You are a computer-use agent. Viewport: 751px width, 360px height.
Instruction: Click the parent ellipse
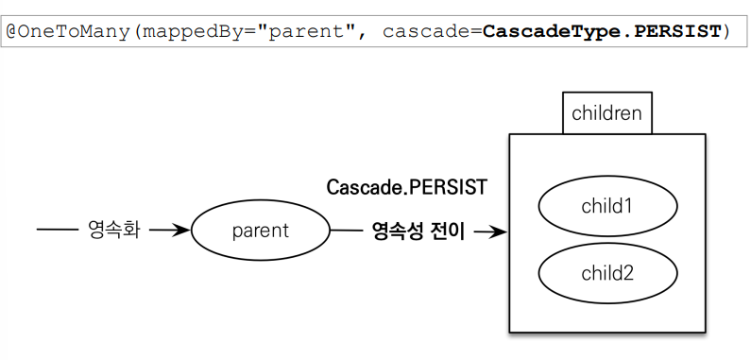tap(260, 231)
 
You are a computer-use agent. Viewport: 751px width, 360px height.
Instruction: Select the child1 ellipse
tap(607, 205)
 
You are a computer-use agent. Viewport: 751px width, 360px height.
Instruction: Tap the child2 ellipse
tap(607, 274)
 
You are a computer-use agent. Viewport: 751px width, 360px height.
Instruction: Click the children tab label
tap(606, 114)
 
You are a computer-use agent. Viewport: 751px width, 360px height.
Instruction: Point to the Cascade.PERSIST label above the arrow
tap(407, 187)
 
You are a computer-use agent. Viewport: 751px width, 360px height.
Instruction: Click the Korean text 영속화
tap(113, 231)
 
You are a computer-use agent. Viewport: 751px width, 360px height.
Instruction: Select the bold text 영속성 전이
tap(418, 231)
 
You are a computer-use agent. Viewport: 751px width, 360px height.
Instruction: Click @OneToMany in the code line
tap(69, 32)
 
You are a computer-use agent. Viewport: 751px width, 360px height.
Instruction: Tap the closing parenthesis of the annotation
tap(725, 32)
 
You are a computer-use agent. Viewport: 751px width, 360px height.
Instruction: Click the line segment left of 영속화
tap(56, 231)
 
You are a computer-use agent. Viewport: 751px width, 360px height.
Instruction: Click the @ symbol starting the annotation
tap(12, 32)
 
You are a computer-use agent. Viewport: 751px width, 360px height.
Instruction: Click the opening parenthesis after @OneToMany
tap(135, 32)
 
